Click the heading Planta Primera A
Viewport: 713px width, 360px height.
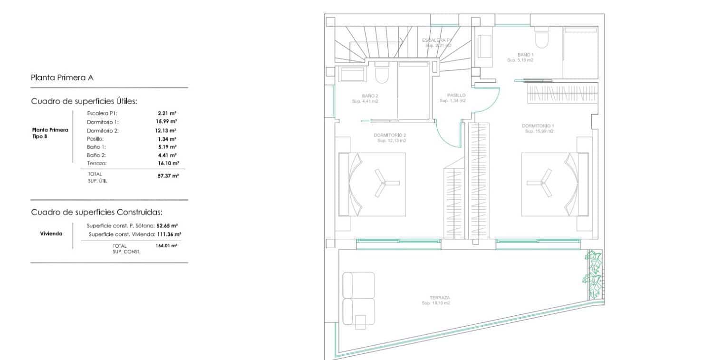[62, 78]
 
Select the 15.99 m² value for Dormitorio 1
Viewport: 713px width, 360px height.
[167, 122]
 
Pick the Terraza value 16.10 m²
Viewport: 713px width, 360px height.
[168, 163]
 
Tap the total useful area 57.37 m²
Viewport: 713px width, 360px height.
[168, 176]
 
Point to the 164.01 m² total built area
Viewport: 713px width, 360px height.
[166, 246]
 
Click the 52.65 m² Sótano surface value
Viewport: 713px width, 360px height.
[168, 226]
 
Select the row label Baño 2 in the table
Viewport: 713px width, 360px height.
[96, 155]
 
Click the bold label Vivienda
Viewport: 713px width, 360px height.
[51, 234]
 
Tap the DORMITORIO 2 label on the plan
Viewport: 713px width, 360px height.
[390, 135]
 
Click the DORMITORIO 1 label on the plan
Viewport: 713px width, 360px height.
[538, 126]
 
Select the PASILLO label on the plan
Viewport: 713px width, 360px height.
[456, 95]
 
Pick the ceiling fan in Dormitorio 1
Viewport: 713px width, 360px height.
[540, 183]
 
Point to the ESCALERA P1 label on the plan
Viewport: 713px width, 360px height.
[436, 40]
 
